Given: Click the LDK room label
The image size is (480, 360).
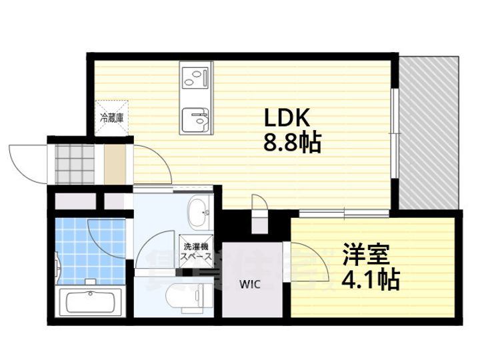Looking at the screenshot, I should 287,118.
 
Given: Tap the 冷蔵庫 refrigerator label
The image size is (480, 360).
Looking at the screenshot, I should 111,118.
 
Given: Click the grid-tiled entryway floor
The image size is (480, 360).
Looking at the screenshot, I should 75,163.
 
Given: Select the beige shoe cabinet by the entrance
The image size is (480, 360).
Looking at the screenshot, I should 115,163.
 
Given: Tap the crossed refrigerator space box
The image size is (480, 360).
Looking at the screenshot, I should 111,118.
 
